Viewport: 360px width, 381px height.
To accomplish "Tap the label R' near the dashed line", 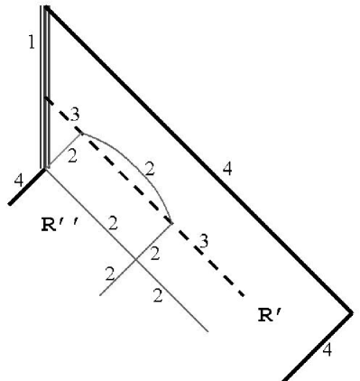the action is click(271, 315).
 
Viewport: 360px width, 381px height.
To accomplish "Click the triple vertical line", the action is click(45, 90).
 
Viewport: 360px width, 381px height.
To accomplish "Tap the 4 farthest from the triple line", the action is click(327, 349).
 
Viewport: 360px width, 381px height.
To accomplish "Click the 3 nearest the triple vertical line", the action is click(74, 113).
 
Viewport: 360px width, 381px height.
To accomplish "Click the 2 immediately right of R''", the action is click(112, 223).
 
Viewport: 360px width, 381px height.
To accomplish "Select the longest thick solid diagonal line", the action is click(198, 161).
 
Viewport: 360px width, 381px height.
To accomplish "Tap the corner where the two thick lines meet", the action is click(351, 312).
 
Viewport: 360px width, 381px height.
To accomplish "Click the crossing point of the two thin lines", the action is click(136, 258).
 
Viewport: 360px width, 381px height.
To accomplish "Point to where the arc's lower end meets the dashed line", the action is click(171, 220).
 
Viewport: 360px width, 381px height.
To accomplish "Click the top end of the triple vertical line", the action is click(45, 7).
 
